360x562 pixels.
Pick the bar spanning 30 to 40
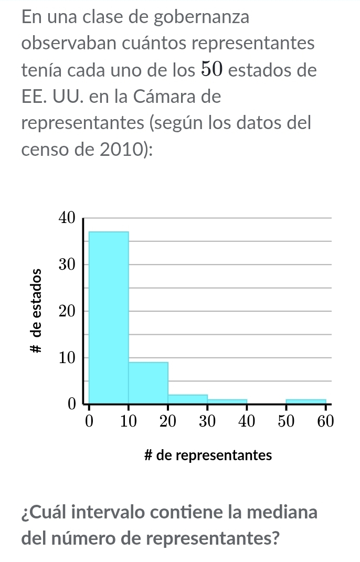coord(227,401)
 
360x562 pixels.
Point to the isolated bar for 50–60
coord(306,401)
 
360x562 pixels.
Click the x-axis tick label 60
coord(325,421)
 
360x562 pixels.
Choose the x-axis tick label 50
coord(286,421)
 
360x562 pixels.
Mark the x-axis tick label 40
coord(247,421)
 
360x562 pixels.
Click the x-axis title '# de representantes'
coord(208,455)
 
